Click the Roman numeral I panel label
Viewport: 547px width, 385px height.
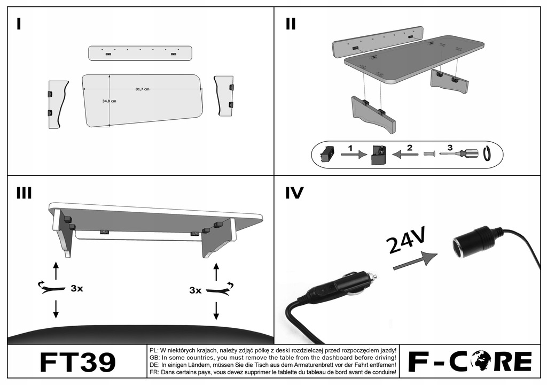click(19, 24)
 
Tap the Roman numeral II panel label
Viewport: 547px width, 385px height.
click(291, 24)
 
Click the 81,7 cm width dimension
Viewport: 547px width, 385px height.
click(142, 89)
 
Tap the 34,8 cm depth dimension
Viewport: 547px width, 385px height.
click(110, 101)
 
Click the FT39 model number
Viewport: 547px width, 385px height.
click(77, 362)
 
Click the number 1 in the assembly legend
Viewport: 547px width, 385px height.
click(350, 147)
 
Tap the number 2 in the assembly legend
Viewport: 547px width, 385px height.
click(409, 147)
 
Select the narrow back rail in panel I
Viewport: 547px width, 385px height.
click(140, 53)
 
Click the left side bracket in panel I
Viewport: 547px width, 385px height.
click(57, 104)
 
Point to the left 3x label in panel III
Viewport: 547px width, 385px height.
click(77, 288)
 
